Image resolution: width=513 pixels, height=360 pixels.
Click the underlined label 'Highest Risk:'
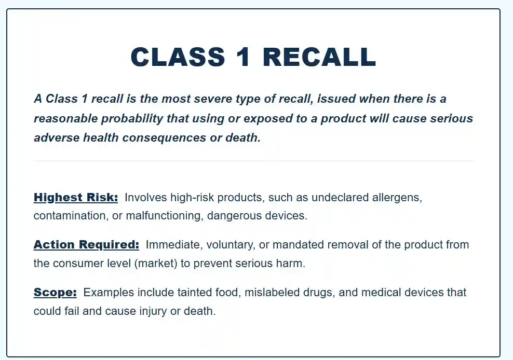(76, 198)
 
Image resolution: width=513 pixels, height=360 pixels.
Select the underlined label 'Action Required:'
(86, 245)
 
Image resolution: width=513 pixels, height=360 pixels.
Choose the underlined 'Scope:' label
(55, 293)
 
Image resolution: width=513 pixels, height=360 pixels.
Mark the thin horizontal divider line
(253, 161)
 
